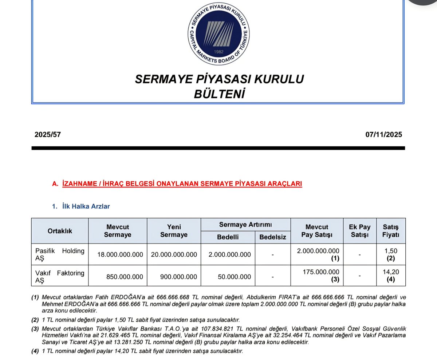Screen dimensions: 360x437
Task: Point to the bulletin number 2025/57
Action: click(48, 135)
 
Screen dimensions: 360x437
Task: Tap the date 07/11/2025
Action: click(384, 135)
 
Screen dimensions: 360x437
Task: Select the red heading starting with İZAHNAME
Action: click(182, 184)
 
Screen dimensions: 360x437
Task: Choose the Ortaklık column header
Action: click(60, 231)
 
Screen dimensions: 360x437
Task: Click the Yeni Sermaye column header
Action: click(174, 231)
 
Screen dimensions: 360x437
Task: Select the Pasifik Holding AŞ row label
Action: click(60, 254)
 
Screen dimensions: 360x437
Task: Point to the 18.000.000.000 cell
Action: click(120, 255)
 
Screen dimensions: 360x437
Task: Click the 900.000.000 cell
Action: click(178, 277)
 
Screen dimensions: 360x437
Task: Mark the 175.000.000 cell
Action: click(321, 272)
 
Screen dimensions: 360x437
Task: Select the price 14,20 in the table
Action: click(391, 272)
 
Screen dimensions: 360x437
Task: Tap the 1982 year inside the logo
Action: click(219, 52)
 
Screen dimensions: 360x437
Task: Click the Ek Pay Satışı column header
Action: click(359, 231)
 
